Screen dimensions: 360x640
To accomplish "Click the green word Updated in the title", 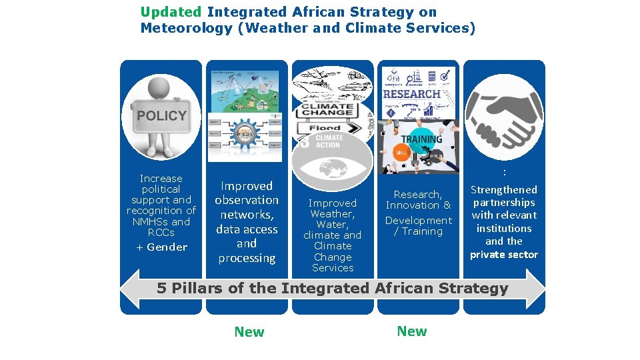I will [x=171, y=12].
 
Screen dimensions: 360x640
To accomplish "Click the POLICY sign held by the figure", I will [x=161, y=116].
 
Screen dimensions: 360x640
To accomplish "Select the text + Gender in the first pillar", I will [x=161, y=247].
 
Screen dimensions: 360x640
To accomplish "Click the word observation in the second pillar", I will [x=247, y=200].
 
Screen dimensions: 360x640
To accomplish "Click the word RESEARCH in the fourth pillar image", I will [x=412, y=94].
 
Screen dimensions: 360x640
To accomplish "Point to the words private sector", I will [x=504, y=255].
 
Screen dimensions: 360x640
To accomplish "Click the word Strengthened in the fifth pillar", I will [x=504, y=190].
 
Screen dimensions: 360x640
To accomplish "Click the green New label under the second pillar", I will [x=249, y=332].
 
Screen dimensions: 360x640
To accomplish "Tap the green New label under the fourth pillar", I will [x=411, y=331].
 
